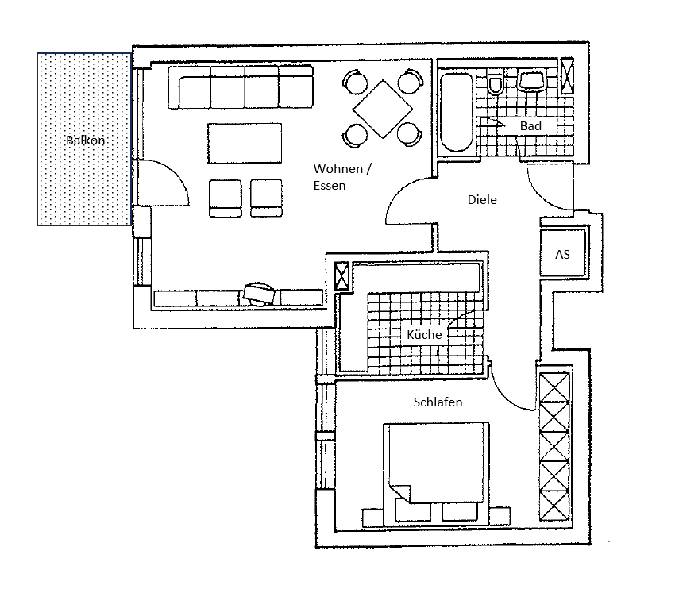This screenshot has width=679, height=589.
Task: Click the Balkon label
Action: (85, 141)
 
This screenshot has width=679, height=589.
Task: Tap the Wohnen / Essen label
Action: (342, 176)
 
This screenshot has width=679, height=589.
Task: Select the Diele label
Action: (482, 199)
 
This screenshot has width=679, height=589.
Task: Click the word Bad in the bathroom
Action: (530, 126)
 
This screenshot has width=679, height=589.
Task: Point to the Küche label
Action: (424, 334)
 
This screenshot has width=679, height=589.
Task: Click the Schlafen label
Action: (438, 402)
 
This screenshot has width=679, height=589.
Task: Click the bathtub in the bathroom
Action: (457, 113)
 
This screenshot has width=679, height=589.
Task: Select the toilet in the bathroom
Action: (495, 83)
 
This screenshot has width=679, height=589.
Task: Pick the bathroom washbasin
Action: (531, 82)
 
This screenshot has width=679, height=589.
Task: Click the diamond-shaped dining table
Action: (383, 109)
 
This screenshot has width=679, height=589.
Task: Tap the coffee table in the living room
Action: (245, 143)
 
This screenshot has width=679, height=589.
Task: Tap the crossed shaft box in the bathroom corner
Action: (567, 75)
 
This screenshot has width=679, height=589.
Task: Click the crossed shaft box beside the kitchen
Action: (341, 275)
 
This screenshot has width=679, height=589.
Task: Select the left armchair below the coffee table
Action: (226, 198)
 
